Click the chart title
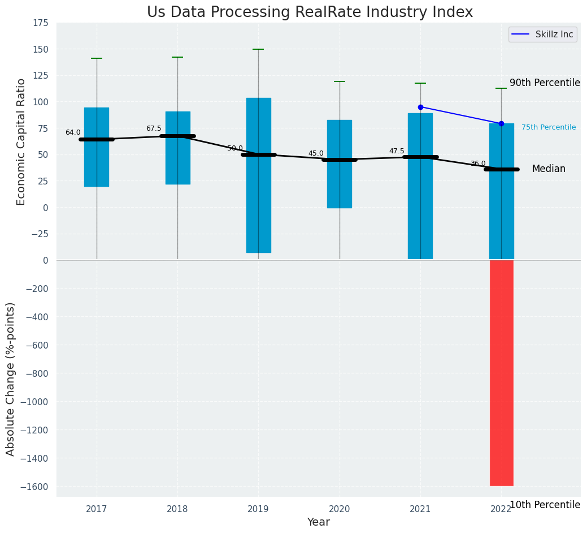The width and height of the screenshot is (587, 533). [310, 12]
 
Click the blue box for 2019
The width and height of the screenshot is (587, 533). [259, 175]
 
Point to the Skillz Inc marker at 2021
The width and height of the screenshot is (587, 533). [420, 107]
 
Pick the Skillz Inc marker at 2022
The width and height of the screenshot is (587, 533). [501, 123]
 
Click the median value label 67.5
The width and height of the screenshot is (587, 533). [154, 128]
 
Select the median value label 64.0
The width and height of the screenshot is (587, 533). [73, 132]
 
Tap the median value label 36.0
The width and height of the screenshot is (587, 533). [478, 164]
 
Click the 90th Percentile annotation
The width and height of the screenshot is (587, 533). [545, 83]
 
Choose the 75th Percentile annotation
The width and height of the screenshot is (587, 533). [549, 127]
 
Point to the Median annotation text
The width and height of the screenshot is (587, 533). [549, 169]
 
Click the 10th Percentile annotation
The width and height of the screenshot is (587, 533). [545, 505]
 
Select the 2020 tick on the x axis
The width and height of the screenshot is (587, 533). [340, 509]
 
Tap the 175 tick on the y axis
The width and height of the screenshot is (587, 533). [40, 23]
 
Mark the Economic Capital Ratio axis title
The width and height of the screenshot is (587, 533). [21, 141]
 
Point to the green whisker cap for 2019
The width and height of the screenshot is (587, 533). [259, 49]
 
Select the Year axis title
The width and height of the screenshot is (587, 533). [318, 522]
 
